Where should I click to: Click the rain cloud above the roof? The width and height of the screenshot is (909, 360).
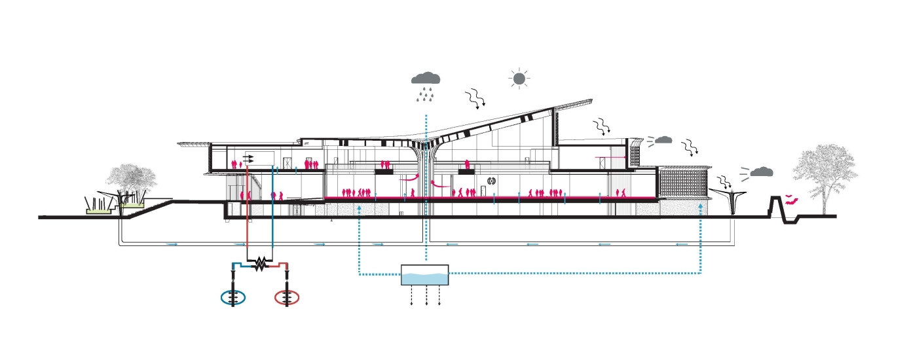426,79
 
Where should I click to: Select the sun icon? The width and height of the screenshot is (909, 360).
519,79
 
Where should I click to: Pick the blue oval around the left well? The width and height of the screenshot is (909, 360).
234,297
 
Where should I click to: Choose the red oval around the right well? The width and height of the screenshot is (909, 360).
286,297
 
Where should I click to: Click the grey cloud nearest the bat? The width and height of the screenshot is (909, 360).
760,171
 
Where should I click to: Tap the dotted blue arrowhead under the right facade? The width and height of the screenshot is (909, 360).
701,206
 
